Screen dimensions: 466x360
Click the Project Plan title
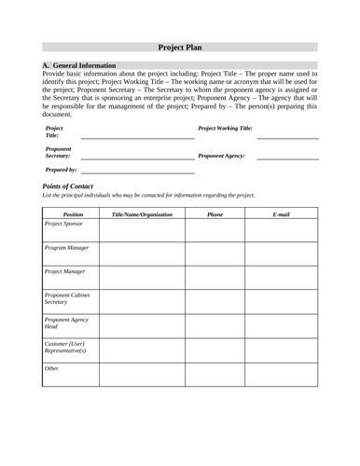tap(180, 47)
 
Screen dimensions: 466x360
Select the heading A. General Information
tap(80, 66)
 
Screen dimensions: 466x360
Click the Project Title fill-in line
tap(138, 137)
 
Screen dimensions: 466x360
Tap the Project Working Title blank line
tap(287, 137)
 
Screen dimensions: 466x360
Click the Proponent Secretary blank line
tap(138, 158)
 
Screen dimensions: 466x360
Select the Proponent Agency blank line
tap(287, 158)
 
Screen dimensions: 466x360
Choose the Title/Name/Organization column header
tap(142, 214)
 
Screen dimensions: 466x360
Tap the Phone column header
tap(215, 214)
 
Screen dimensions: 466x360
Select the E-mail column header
tap(282, 214)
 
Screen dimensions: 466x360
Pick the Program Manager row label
tap(66, 248)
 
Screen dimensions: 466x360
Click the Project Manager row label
tap(64, 271)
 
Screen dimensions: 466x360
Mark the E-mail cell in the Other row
tap(282, 374)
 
